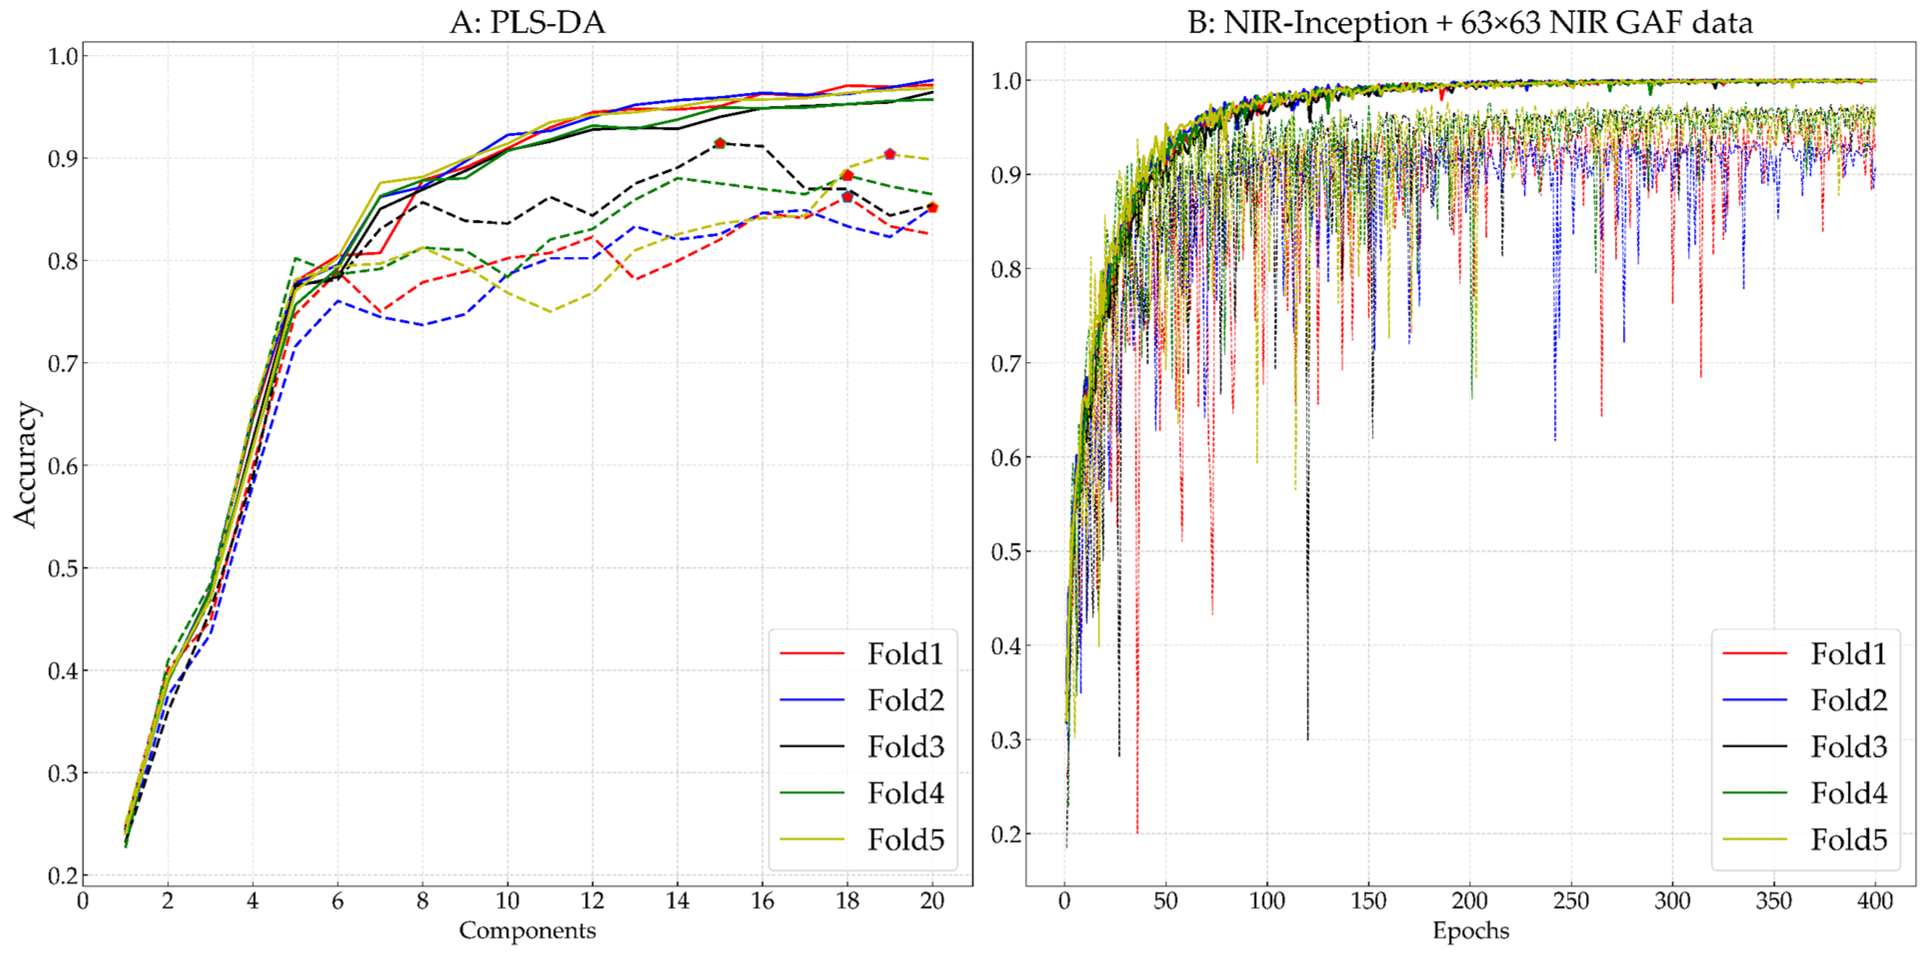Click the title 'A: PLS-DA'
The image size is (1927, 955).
[527, 22]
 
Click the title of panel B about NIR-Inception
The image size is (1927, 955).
[1470, 22]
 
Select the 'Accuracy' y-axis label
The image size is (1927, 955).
[24, 464]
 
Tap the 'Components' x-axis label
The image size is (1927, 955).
[527, 930]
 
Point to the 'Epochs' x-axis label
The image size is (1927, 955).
[1470, 930]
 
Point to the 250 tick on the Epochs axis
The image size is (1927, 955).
[1571, 900]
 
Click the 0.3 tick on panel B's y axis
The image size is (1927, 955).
[1006, 740]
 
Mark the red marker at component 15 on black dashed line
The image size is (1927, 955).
[720, 143]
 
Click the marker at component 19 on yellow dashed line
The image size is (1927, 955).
[889, 154]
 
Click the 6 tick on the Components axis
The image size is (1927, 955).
[337, 900]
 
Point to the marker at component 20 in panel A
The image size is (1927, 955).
[932, 207]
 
